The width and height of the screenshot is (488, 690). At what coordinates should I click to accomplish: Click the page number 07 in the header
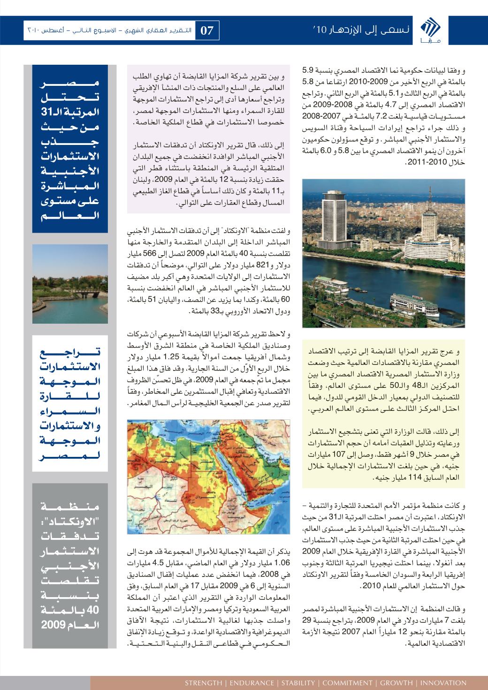[x=207, y=31]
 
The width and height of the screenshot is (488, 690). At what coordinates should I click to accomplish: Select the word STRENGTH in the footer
[x=203, y=682]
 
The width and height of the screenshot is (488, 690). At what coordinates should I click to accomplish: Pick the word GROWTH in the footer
[x=397, y=682]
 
